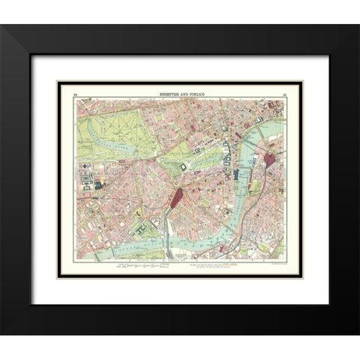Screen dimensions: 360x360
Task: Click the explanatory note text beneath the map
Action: (x=217, y=265)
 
